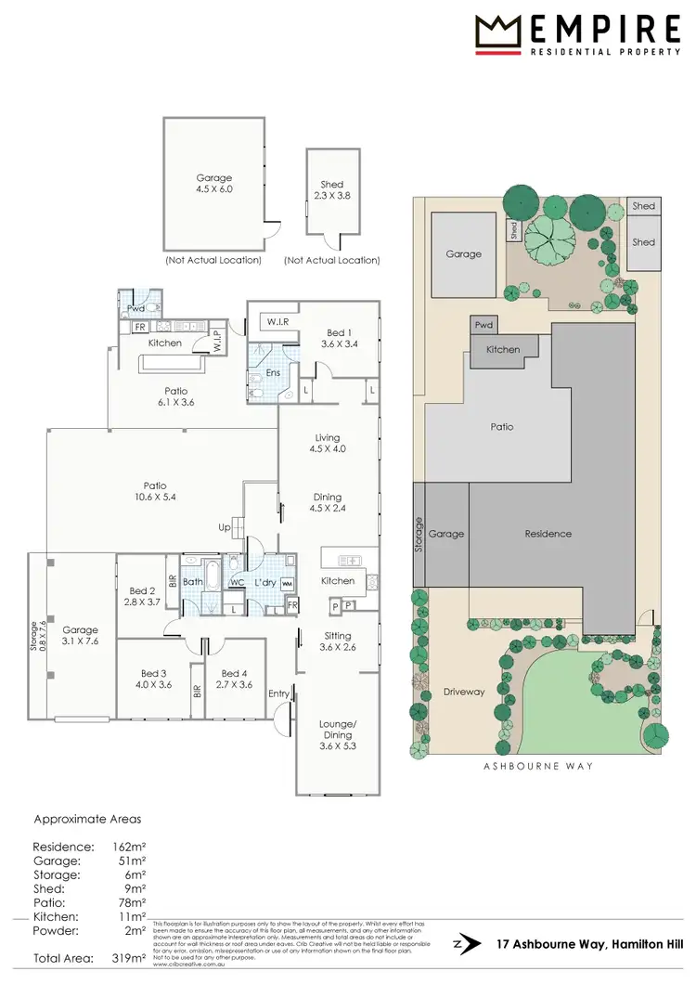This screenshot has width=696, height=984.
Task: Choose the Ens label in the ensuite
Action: point(274,373)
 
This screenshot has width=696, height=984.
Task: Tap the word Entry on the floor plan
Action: point(278,693)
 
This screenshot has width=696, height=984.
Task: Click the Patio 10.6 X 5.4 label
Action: point(154,490)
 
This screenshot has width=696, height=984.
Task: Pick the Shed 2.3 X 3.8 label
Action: point(332,190)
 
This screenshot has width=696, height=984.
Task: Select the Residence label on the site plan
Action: point(548,534)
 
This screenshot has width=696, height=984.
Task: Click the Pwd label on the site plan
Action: point(483,326)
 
